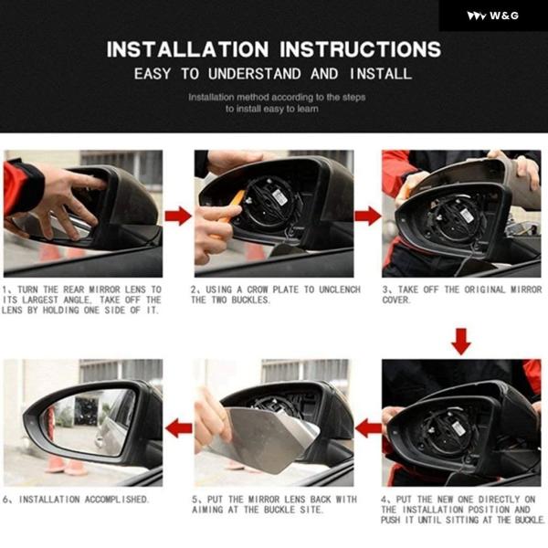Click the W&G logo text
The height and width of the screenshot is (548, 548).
click(503, 16)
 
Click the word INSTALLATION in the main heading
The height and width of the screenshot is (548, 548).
click(187, 49)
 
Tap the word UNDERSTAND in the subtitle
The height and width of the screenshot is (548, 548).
click(255, 74)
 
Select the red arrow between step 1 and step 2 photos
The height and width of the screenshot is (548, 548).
click(178, 216)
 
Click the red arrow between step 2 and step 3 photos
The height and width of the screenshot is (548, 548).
click(368, 216)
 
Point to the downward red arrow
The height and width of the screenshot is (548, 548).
click(461, 342)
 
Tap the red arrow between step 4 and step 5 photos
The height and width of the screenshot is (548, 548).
click(368, 428)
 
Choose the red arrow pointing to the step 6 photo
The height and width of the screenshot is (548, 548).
click(179, 428)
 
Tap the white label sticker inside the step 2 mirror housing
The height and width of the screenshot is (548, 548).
click(280, 198)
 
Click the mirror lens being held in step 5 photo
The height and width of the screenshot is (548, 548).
click(266, 438)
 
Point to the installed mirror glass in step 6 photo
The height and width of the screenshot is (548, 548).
click(90, 422)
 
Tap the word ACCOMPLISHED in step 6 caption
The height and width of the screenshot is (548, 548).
click(117, 500)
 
